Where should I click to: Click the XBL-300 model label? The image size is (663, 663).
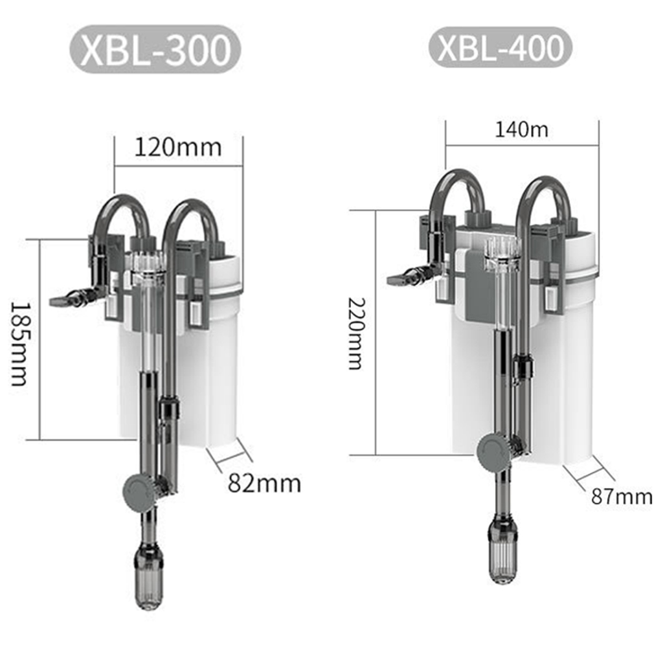tap(155, 49)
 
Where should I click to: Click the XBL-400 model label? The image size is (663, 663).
tap(500, 47)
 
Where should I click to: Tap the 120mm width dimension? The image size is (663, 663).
tap(178, 148)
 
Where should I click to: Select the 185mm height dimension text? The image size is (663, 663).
tap(19, 343)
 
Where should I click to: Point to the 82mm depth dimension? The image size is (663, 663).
tap(264, 483)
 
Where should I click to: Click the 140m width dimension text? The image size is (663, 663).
tap(521, 129)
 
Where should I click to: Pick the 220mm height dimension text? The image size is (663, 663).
tap(356, 334)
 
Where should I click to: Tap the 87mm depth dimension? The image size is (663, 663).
tap(622, 496)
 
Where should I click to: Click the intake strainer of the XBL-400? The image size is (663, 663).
tap(502, 554)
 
